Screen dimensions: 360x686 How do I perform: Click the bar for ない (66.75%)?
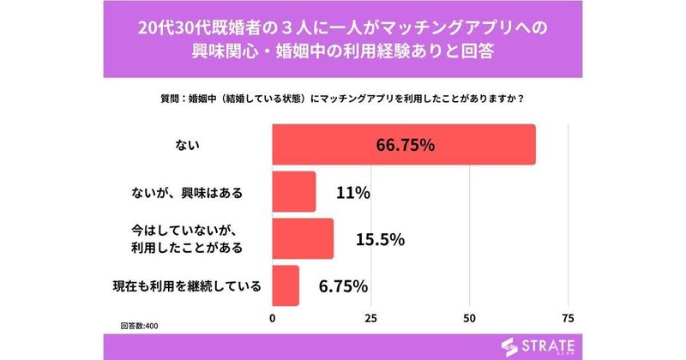click(403, 144)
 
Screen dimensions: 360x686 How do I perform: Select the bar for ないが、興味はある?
click(294, 191)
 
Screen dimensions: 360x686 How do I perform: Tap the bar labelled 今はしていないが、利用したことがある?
click(303, 239)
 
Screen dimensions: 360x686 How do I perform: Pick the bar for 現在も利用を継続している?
click(286, 285)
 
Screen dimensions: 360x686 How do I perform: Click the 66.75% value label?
click(406, 145)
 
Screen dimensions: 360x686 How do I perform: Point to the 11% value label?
click(352, 193)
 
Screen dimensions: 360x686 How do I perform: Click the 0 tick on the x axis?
click(273, 318)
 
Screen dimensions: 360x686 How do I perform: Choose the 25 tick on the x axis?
click(370, 318)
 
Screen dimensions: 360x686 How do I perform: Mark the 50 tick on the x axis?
click(470, 318)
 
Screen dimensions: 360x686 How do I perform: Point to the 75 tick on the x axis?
click(568, 318)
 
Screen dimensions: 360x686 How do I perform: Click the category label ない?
click(187, 145)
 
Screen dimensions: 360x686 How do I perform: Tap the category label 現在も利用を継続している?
click(187, 285)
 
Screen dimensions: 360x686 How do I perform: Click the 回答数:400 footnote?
click(139, 327)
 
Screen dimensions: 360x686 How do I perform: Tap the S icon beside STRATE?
click(510, 346)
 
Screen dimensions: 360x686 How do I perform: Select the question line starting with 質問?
click(342, 97)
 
